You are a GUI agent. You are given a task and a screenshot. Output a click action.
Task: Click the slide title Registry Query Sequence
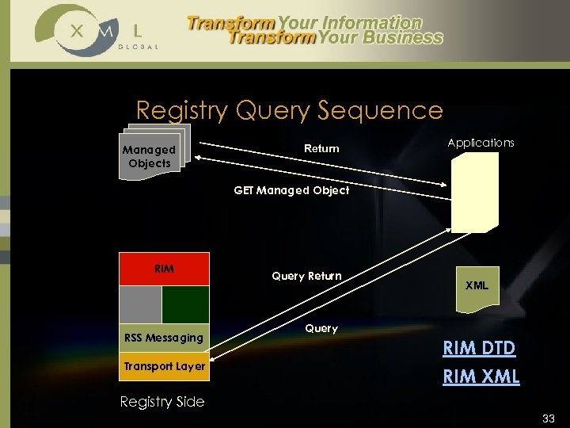coord(289,109)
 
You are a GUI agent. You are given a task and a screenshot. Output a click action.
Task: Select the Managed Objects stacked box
coord(150,156)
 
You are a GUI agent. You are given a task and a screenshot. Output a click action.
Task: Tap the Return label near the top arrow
coord(321,148)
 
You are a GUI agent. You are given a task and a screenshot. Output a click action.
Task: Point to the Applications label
coord(481,143)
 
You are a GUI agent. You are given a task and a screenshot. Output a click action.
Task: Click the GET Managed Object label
coord(291,190)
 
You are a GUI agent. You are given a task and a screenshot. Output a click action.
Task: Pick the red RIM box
coord(164,269)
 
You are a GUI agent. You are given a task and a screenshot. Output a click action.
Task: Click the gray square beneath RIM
coord(140,304)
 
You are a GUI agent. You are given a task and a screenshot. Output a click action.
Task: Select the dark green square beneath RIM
coord(185,304)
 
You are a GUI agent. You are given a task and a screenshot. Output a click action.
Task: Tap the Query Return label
coord(306,276)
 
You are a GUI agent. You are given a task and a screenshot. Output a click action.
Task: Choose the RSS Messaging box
coord(164,338)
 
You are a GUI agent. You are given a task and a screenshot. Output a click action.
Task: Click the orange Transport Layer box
coord(164,366)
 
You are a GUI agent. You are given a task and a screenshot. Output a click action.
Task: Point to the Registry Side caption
coord(161,402)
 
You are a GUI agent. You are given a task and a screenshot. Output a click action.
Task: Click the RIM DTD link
coord(479,348)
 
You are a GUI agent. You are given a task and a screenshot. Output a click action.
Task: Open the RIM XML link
coord(481,376)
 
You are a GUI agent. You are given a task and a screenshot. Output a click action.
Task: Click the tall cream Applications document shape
coord(475,192)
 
